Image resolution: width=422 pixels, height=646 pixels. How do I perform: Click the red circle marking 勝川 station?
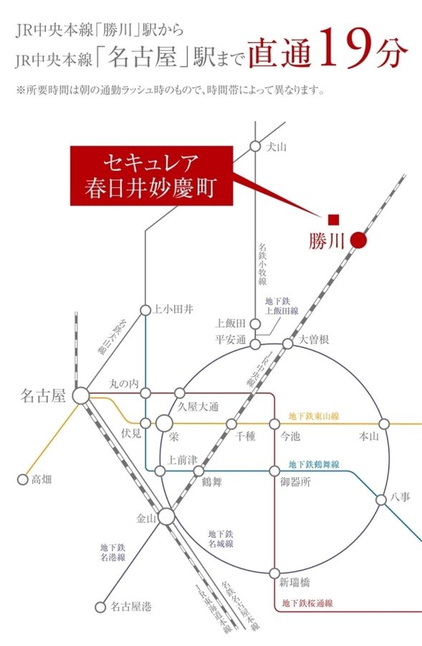[x=359, y=241]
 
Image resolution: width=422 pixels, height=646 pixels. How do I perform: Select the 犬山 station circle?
[x=254, y=146]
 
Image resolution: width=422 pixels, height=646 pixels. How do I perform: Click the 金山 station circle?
[x=166, y=516]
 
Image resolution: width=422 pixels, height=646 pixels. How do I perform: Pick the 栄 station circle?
[x=166, y=423]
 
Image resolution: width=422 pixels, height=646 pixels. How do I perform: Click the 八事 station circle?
[x=381, y=500]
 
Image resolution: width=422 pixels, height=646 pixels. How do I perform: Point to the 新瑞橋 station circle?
[x=274, y=573]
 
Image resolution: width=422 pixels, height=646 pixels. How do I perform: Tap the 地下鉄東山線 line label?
[x=313, y=416]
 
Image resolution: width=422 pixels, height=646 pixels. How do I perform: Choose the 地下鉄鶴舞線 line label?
[x=313, y=464]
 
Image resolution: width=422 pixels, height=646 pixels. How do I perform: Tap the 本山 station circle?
[x=383, y=423]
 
